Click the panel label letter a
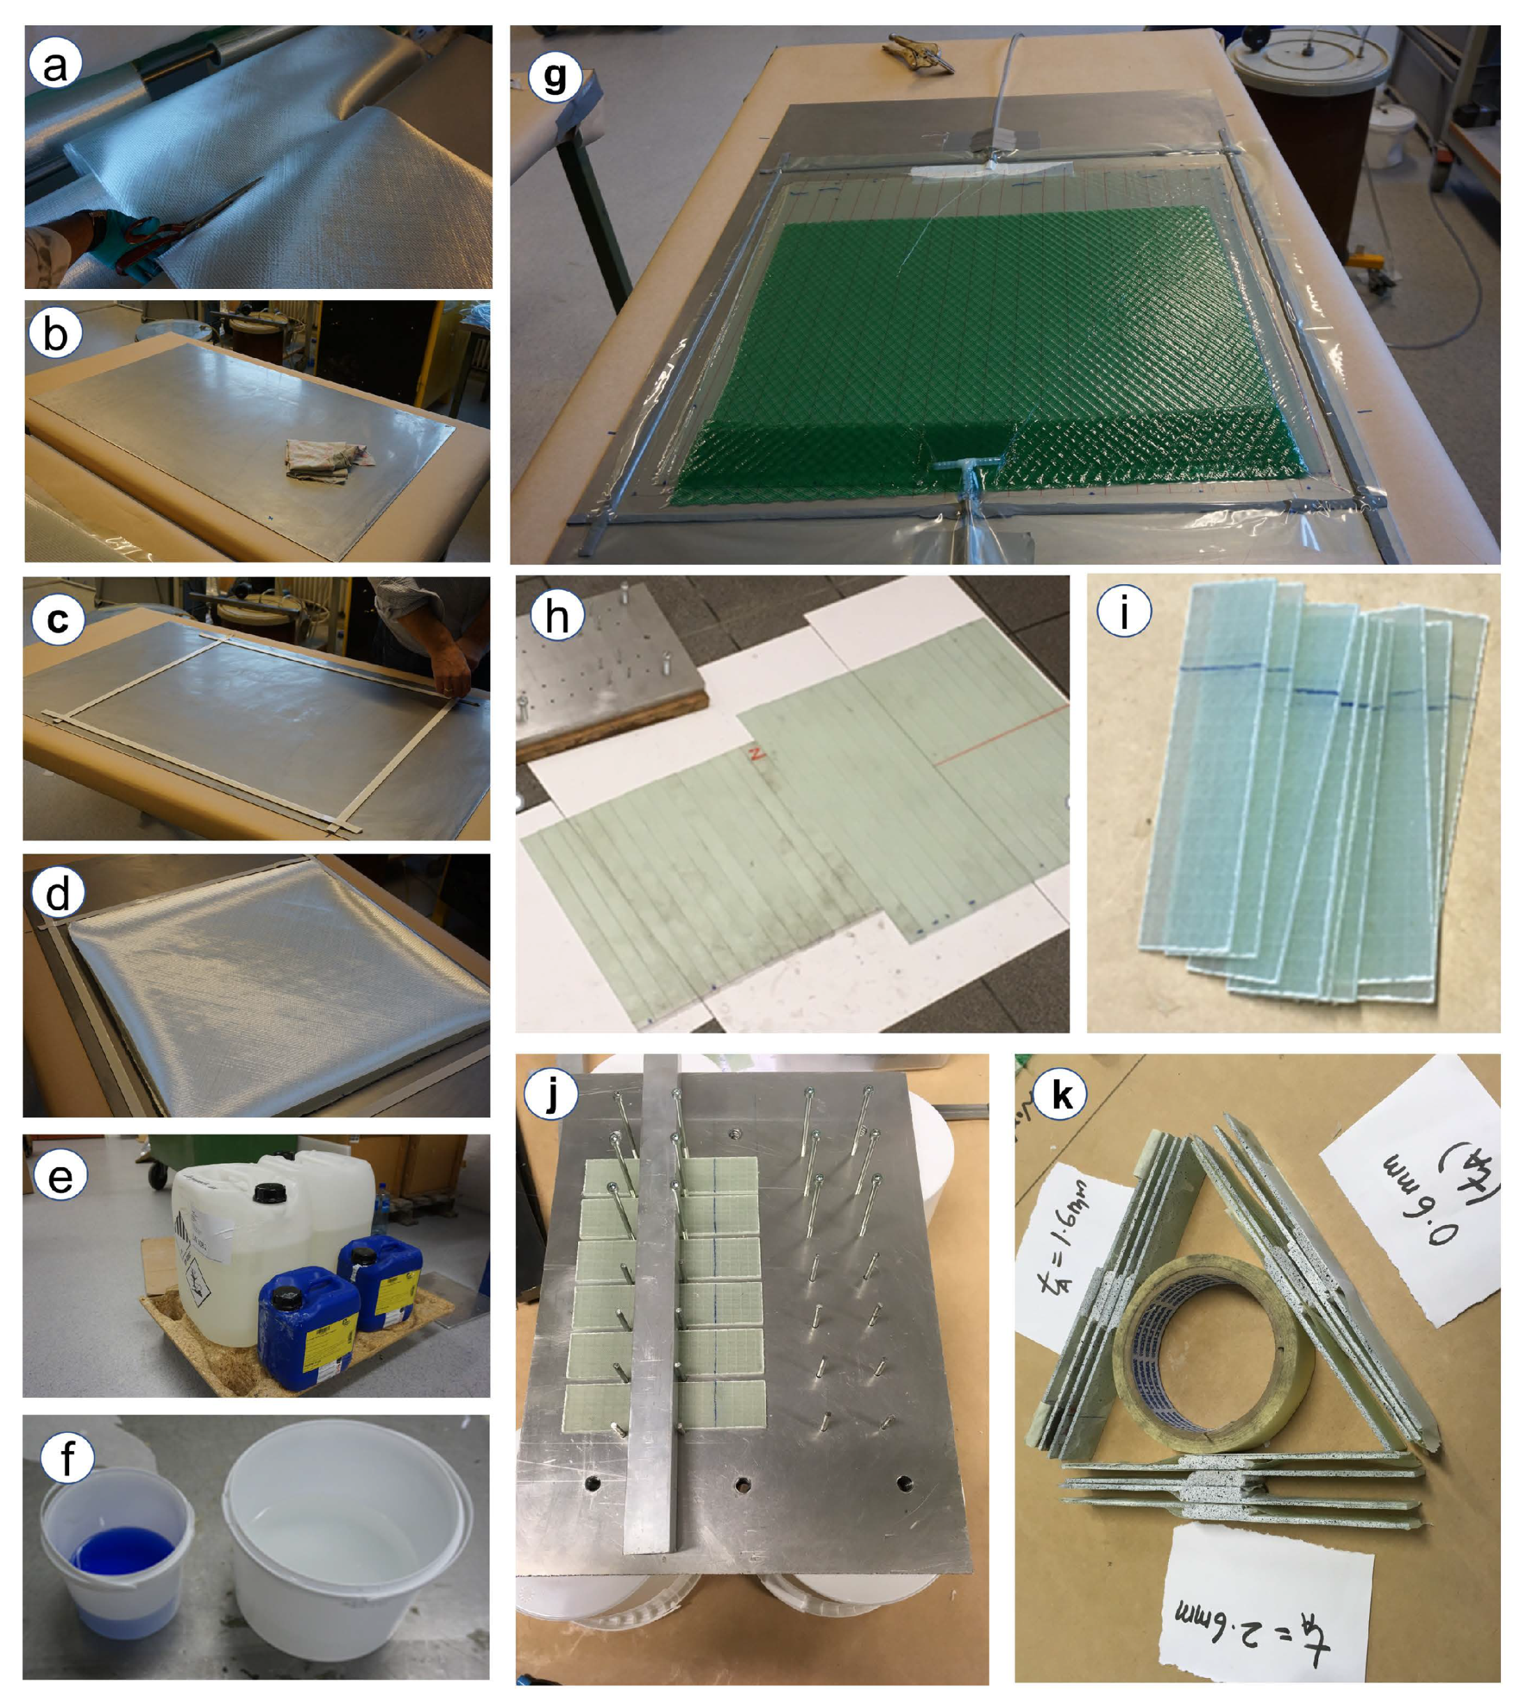54,66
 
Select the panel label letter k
1062,1095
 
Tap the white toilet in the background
1392,134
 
